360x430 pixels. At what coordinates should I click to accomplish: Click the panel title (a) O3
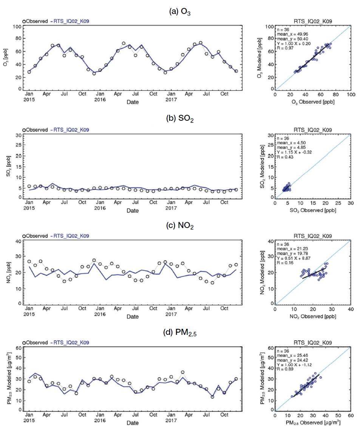(180, 12)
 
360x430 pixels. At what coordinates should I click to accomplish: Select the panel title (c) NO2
(180, 225)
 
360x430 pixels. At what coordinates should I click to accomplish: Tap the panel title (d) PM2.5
(180, 332)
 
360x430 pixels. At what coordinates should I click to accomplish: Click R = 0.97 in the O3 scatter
(285, 48)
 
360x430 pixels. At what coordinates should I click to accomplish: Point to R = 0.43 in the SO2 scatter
(285, 157)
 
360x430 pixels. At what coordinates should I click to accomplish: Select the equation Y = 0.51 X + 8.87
(294, 258)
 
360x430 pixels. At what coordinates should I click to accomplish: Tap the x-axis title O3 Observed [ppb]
(313, 102)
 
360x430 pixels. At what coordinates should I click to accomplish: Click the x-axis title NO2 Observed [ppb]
(313, 316)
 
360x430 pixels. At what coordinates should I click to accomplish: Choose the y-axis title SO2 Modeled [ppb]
(262, 166)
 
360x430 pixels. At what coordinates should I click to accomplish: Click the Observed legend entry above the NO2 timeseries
(35, 236)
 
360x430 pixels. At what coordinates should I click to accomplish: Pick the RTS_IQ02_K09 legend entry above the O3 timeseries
(70, 21)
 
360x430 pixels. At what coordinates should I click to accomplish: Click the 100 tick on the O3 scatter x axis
(351, 95)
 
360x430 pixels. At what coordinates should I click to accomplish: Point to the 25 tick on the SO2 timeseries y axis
(19, 145)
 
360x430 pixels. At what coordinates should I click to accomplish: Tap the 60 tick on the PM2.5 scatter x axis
(351, 416)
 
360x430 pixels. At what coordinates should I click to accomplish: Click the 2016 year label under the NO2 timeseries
(100, 314)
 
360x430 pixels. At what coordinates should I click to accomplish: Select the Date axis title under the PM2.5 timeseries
(133, 423)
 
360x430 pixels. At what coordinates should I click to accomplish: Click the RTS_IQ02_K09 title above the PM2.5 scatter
(313, 343)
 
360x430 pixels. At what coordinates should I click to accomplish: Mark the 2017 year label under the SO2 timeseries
(171, 208)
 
